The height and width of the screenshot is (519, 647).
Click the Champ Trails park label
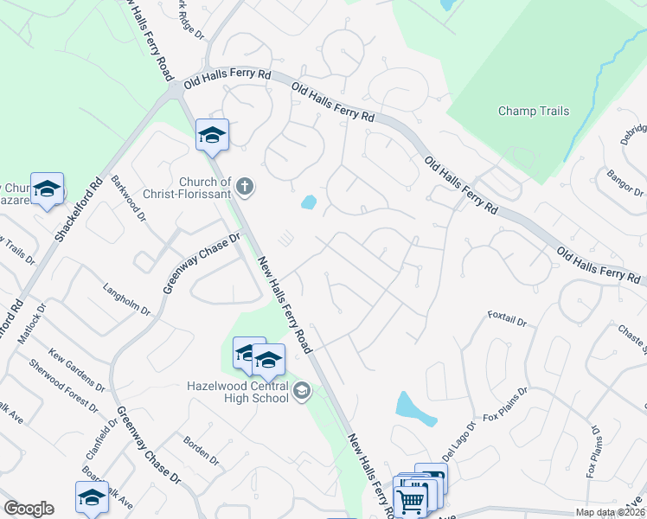[x=534, y=111]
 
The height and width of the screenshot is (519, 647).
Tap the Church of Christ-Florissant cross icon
[x=245, y=184]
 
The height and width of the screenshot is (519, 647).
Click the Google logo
[x=29, y=509]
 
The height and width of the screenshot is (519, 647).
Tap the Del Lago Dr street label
[x=458, y=440]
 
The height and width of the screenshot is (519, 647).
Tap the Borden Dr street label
[x=203, y=454]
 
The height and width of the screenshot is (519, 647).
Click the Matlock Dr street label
[x=38, y=319]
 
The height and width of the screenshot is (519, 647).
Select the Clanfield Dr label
[x=105, y=441]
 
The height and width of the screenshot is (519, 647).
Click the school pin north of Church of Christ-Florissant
[x=212, y=135]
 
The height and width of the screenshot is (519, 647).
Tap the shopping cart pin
[x=410, y=498]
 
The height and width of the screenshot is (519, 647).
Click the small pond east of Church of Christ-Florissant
[x=308, y=202]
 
